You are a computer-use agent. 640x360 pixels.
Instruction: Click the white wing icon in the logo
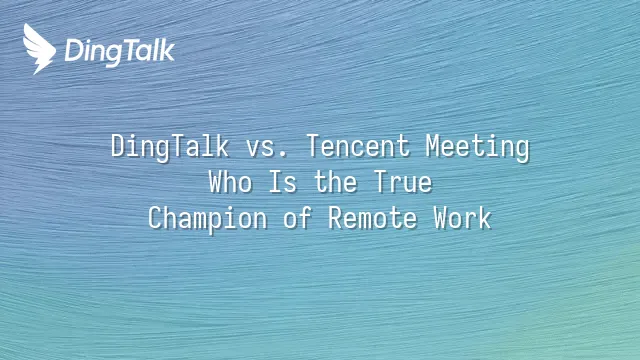pos(39,49)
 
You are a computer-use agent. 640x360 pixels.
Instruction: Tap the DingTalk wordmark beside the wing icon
pos(120,52)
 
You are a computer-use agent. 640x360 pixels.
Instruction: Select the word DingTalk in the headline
pos(170,147)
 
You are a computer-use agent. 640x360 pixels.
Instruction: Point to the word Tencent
pos(358,146)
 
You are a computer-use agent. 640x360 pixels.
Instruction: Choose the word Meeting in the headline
pos(478,147)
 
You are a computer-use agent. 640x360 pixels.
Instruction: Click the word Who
pos(230,182)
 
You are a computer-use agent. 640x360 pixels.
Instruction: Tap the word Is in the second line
pos(282,182)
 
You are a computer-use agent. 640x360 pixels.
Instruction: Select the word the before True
pos(336,182)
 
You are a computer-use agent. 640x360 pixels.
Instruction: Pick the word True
pos(403,182)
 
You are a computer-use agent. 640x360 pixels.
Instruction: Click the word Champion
pos(207,219)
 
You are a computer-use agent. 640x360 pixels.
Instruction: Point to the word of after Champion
pos(298,218)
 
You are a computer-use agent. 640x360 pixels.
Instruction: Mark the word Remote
pos(373,218)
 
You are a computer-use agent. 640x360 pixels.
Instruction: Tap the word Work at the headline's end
pos(462,218)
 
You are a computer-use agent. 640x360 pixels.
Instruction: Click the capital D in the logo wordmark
pos(73,51)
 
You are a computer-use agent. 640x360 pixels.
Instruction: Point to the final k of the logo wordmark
pos(167,50)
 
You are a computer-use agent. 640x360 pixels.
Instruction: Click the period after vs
pos(284,155)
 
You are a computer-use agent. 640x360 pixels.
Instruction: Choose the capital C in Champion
pos(155,218)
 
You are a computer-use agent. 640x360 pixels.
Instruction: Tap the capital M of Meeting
pos(433,146)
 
